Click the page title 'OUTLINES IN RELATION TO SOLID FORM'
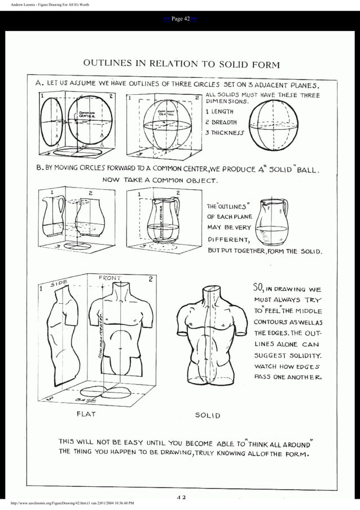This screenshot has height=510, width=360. (x=181, y=63)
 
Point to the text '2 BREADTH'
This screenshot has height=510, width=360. (x=221, y=122)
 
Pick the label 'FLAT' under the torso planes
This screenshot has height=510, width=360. (x=86, y=413)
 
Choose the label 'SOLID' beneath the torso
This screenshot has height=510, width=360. (x=208, y=415)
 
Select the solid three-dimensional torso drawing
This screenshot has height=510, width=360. (x=210, y=339)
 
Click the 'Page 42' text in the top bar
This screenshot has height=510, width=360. (x=180, y=19)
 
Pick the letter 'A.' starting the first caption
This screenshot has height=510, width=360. (x=39, y=82)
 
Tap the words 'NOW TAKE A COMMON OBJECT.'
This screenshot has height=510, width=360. (x=159, y=180)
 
